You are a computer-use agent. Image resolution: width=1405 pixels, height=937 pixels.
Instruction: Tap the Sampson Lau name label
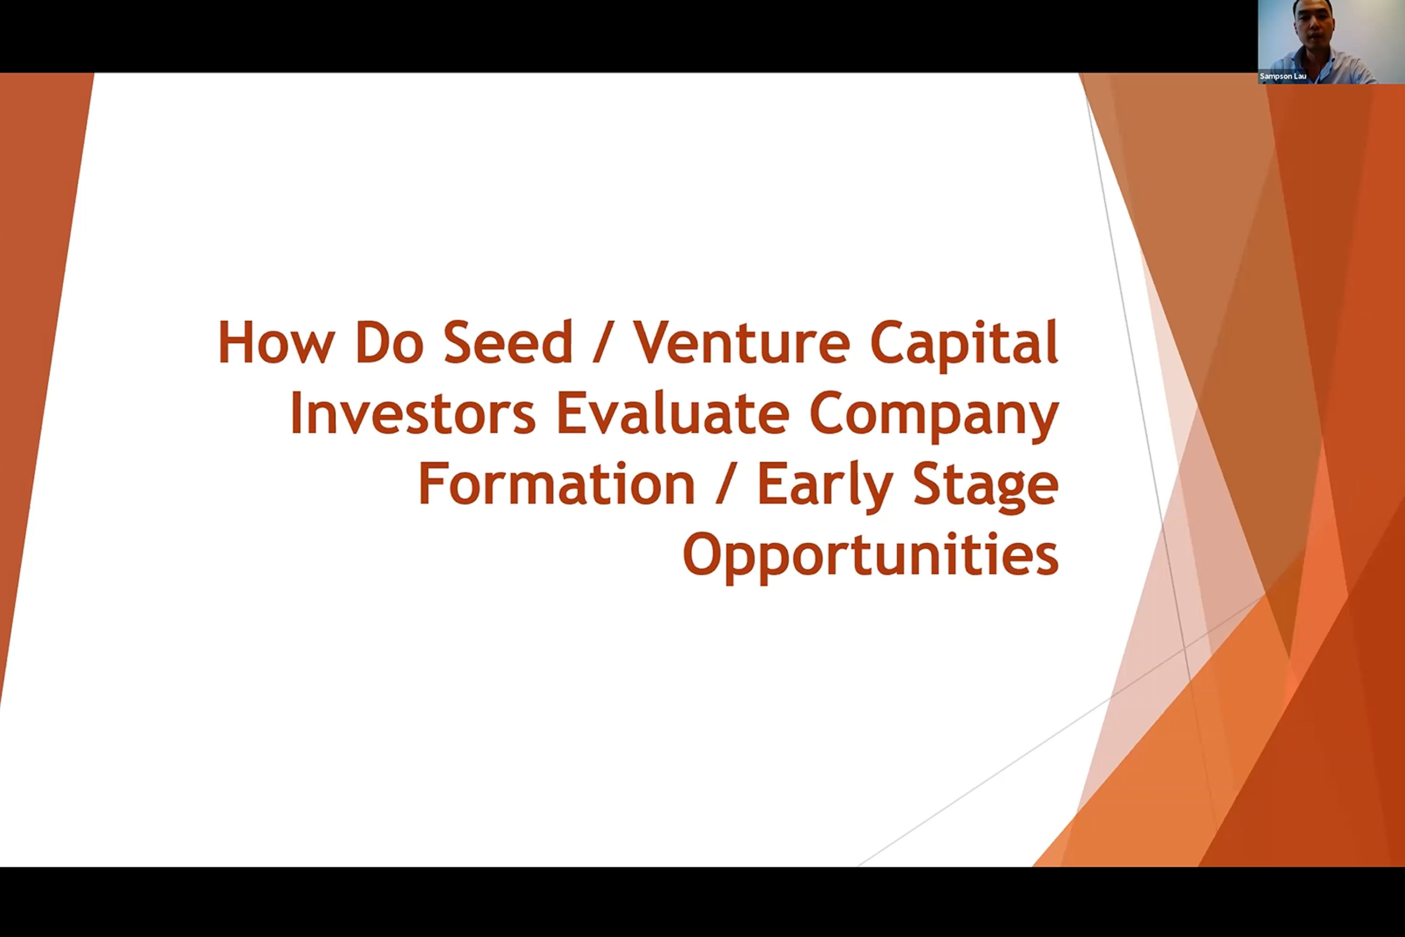[x=1283, y=76]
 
